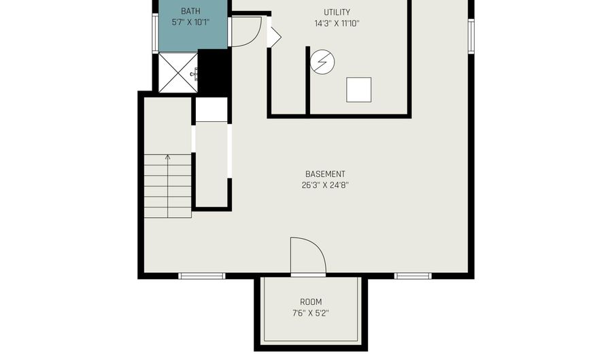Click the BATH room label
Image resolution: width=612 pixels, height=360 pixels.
190,11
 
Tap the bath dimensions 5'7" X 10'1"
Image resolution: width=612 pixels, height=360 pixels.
191,22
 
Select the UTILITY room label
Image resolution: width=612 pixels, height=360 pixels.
337,12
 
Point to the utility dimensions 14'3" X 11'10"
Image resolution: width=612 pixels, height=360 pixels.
337,23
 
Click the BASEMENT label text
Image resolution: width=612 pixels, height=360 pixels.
325,174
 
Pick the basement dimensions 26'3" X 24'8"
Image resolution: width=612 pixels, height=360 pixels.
325,185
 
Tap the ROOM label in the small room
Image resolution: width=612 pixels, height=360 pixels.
311,302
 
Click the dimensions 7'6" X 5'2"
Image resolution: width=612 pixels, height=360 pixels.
311,313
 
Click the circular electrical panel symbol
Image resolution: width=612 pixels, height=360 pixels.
322,61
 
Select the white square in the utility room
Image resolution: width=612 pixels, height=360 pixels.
358,90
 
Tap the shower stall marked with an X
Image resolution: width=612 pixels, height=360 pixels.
178,73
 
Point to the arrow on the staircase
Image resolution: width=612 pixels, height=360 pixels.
168,186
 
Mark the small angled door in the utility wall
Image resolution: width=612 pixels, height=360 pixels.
274,37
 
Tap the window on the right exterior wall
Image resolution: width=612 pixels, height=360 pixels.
471,36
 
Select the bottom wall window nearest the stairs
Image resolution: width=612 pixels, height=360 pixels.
202,276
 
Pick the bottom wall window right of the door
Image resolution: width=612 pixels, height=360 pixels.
413,276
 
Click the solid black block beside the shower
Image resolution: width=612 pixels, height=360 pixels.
213,73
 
